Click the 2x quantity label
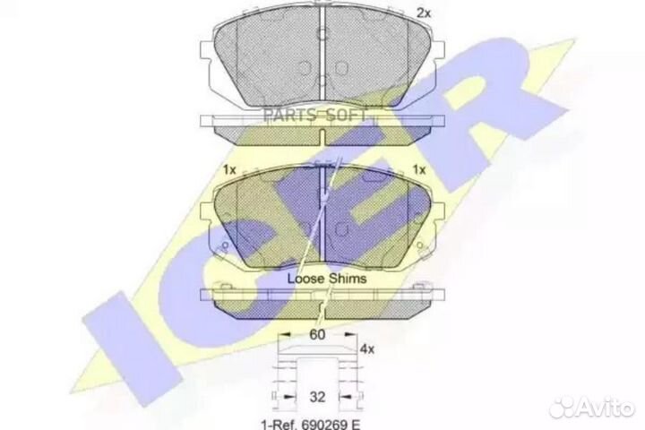tap(423, 13)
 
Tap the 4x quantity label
tap(367, 349)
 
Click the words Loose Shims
tap(327, 279)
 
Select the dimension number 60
tap(317, 334)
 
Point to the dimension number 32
tap(317, 397)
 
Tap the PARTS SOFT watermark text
tap(314, 116)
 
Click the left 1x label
tap(229, 169)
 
